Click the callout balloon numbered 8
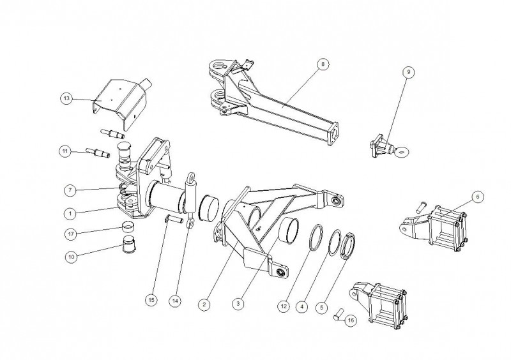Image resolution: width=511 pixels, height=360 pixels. coord(323,64)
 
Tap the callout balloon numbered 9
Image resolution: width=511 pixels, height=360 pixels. coord(409,72)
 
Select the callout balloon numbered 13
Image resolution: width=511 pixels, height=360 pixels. coord(66,98)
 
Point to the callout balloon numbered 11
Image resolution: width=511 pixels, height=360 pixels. coord(65,151)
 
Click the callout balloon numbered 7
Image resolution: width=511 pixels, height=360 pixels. coord(70,190)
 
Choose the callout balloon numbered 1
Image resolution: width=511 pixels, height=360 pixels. coord(70,214)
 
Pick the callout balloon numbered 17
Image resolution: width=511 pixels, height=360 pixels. coord(71,234)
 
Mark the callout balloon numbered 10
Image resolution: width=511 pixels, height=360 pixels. coord(72,257)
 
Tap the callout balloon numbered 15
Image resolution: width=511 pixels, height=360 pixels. coord(151,300)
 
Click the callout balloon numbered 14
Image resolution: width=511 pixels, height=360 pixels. coord(175,301)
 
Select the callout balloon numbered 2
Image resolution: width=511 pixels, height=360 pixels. coord(204,304)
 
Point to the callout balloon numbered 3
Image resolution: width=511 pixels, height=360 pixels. coord(238,304)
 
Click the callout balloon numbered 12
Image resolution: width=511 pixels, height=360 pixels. coord(284,306)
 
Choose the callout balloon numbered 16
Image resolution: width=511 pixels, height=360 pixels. coord(351,320)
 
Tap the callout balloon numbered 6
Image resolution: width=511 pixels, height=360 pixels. coord(478,197)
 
